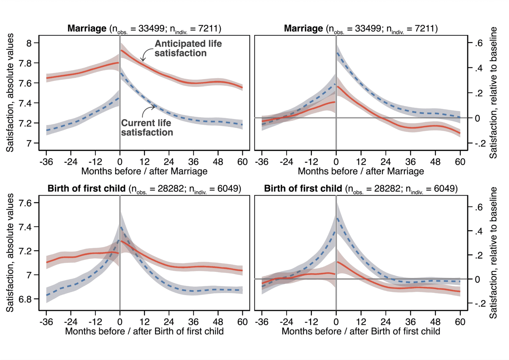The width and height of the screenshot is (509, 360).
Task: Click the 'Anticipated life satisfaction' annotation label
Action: [x=188, y=48]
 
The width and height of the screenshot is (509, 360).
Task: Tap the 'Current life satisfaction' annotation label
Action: [x=147, y=127]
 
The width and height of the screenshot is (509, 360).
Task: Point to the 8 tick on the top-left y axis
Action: [x=29, y=43]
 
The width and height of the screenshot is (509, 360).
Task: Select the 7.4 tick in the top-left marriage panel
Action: [x=25, y=103]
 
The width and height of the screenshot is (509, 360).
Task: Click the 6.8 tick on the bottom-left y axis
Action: [x=25, y=299]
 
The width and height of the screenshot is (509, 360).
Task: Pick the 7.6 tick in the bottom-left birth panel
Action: [x=25, y=203]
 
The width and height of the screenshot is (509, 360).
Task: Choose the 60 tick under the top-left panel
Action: [x=242, y=162]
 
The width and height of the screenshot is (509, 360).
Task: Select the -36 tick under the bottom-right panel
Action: [x=262, y=322]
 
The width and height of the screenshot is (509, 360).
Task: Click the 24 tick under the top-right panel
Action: [x=386, y=162]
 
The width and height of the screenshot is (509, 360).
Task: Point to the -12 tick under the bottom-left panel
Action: [x=95, y=322]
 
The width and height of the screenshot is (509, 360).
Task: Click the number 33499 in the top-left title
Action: [x=151, y=28]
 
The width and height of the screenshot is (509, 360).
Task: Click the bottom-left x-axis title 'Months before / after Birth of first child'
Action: [x=144, y=331]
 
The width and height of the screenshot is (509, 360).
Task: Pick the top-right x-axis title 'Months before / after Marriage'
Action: [x=361, y=171]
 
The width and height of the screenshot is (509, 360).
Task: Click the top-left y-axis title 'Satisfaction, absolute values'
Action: [x=10, y=93]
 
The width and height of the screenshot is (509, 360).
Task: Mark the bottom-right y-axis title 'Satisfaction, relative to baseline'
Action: [x=493, y=252]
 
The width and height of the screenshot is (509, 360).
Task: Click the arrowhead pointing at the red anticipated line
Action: [x=143, y=59]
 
